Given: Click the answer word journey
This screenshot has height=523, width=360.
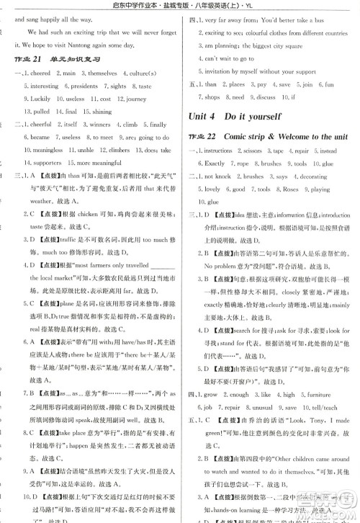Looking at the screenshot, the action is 134,99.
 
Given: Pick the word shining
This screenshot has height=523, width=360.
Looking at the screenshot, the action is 101,112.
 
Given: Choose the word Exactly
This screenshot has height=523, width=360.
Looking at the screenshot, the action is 220,163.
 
